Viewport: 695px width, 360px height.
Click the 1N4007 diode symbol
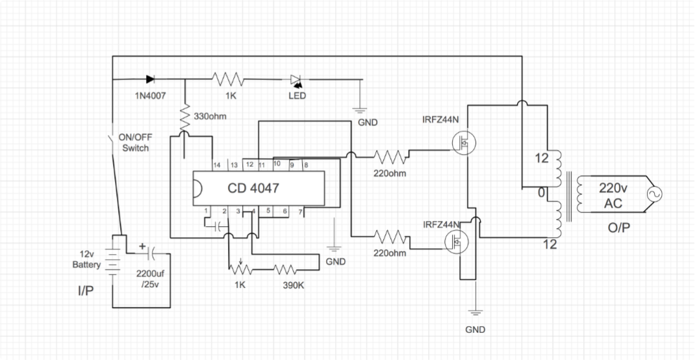(151, 79)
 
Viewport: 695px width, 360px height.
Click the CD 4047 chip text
(253, 188)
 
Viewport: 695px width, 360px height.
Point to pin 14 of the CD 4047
(216, 166)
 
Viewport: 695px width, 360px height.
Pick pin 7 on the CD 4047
(299, 212)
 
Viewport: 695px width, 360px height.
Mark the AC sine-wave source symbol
(651, 194)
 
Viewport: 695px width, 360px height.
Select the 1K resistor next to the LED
(228, 79)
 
